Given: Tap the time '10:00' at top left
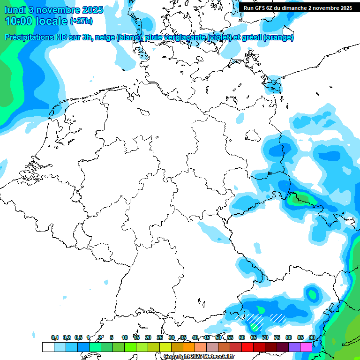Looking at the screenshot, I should (19, 21).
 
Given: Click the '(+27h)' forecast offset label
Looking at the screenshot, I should (81, 22).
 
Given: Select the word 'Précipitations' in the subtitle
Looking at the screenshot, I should (33, 37).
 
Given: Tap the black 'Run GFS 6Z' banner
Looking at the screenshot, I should (298, 8).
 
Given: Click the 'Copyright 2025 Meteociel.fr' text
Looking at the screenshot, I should (199, 357).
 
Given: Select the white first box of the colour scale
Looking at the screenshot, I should (48, 347).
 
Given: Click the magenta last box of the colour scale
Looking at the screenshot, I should (306, 347).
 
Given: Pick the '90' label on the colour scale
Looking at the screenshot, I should (312, 338).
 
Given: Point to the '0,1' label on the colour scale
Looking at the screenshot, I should (55, 338).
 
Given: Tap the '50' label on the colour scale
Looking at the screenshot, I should (218, 338).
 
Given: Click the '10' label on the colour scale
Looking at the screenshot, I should (125, 338).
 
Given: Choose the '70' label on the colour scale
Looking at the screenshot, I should (265, 338).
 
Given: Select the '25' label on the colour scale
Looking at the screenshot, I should (160, 338).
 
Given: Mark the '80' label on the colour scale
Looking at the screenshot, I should (289, 338).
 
